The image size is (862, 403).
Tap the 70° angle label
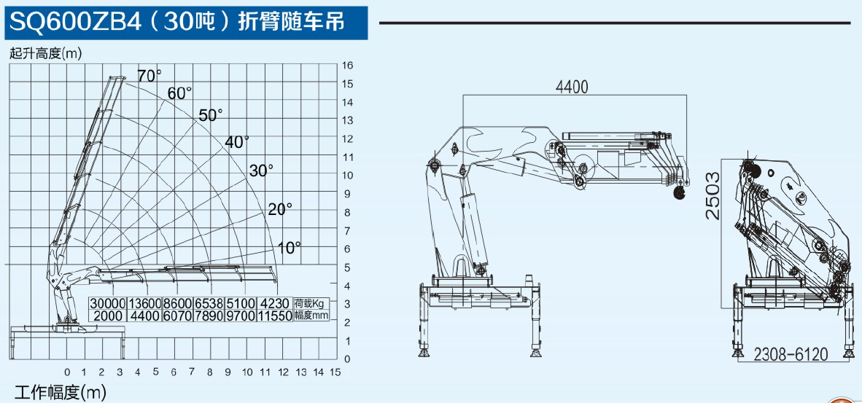[x=149, y=75]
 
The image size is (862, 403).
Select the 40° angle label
[x=237, y=142]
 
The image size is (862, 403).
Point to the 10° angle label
[x=289, y=248]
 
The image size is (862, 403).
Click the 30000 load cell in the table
[x=108, y=304]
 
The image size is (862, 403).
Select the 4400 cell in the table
[x=144, y=316]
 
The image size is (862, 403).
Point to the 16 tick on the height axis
[x=347, y=66]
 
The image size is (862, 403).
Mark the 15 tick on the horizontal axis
[x=335, y=372]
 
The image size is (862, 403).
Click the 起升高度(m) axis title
[x=45, y=52]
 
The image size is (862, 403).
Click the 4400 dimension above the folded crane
[x=571, y=87]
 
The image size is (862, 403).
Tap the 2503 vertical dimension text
[x=712, y=195]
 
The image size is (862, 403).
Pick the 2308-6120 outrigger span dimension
[x=791, y=354]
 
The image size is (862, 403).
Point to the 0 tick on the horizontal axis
[x=67, y=372]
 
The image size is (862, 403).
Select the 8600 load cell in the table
[x=177, y=304]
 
